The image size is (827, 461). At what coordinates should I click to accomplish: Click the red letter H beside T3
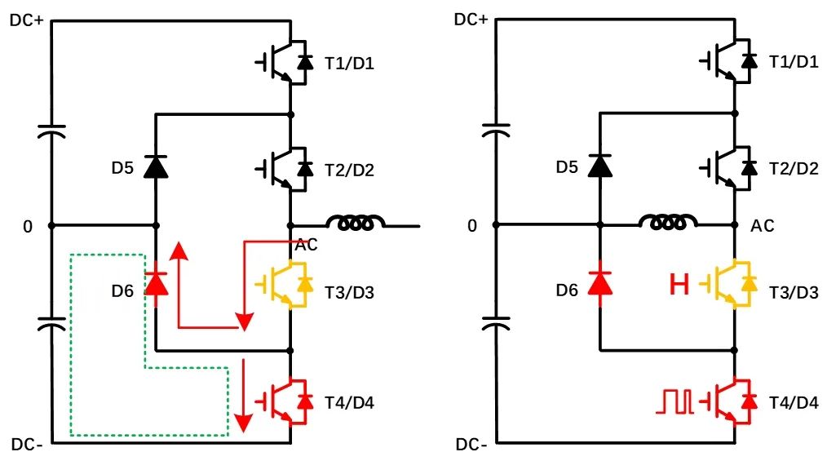click(x=679, y=284)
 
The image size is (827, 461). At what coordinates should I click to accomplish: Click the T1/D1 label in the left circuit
click(x=348, y=62)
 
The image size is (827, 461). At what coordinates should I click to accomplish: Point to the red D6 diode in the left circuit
click(x=154, y=283)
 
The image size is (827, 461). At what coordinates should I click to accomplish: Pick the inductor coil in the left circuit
click(x=355, y=222)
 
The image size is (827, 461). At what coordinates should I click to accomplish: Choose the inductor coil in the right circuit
click(x=668, y=222)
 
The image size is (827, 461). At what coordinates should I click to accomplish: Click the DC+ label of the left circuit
click(x=27, y=19)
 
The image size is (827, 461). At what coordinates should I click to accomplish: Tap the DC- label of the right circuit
click(x=472, y=445)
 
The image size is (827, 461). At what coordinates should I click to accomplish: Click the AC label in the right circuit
click(x=762, y=225)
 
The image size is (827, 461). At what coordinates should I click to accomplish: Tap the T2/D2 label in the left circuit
click(x=348, y=169)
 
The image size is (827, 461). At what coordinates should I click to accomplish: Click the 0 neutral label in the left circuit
click(x=28, y=226)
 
